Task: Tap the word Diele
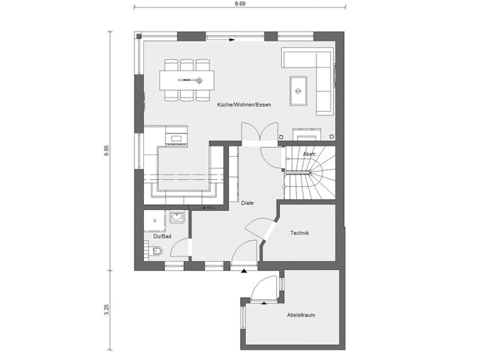pos(247,202)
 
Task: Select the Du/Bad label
pos(162,237)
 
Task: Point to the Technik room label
pos(300,232)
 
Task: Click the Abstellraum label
pos(301,315)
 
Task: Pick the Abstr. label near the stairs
pos(309,154)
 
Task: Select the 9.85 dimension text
pos(106,150)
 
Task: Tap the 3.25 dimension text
pos(106,309)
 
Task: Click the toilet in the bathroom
pos(154,252)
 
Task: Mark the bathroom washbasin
pos(178,217)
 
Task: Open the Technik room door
pos(262,229)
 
